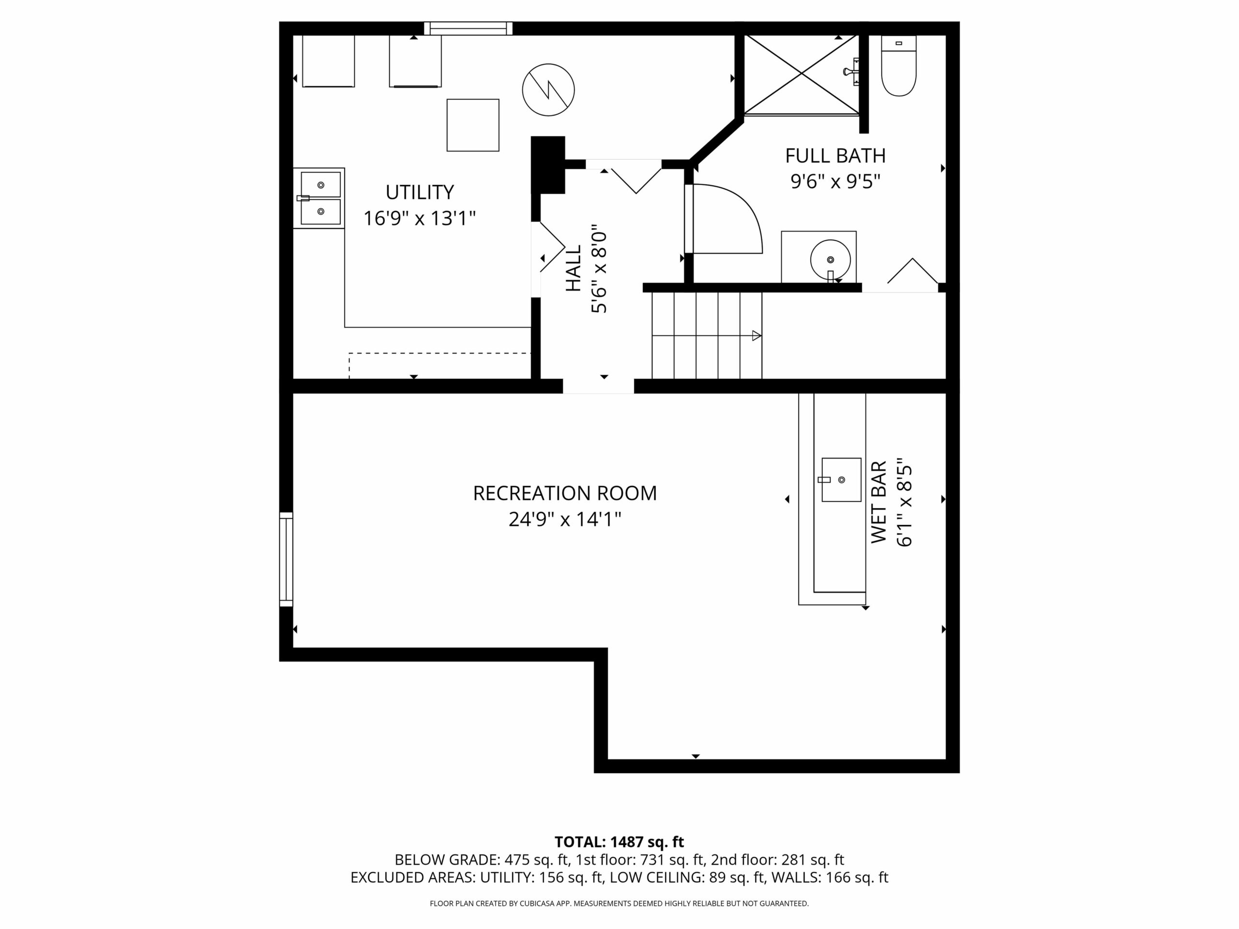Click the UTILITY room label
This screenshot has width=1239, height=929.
420,192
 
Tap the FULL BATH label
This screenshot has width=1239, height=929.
835,156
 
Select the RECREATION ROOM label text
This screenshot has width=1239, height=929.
565,494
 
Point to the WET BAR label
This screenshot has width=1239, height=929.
879,502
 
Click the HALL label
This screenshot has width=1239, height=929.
573,268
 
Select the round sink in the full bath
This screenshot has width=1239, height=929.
830,260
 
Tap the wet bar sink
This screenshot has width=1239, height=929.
841,479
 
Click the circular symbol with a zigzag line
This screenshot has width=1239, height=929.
548,90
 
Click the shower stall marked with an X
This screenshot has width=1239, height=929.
801,75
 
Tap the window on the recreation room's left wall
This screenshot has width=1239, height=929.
286,559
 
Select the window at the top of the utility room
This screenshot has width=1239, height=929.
468,28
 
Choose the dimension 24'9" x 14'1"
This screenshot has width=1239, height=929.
565,519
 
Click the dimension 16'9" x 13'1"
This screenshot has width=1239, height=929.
420,218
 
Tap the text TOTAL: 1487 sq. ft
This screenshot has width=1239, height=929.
619,841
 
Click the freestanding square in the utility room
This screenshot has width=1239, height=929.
473,125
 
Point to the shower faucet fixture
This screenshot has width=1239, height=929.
852,71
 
